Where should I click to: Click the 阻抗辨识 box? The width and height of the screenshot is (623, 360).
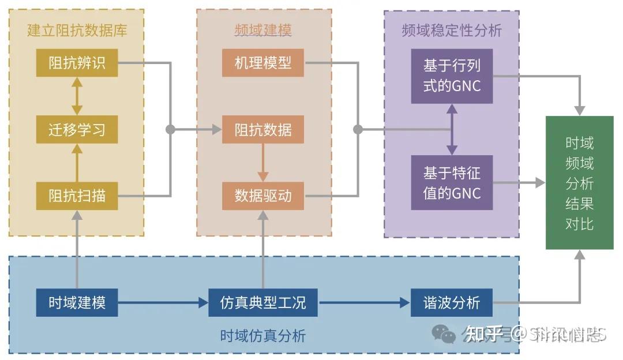77,63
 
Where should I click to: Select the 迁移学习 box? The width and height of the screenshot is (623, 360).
77,129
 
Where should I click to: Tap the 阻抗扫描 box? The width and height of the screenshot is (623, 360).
77,196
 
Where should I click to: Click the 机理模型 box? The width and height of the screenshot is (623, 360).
263,63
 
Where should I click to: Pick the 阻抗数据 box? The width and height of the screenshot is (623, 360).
263,129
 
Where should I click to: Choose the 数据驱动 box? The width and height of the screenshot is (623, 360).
263,196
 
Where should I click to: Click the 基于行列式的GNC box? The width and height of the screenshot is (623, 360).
452,76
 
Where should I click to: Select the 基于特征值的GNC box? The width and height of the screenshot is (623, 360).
452,182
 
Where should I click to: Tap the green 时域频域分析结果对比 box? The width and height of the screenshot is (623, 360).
579,183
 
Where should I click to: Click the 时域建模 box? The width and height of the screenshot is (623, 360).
77,302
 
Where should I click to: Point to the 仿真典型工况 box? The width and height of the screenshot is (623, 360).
263,302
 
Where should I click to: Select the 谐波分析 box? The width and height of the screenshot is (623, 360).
452,302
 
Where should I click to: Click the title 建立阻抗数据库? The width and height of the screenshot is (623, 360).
77,30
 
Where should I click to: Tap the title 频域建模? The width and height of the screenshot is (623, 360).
263,30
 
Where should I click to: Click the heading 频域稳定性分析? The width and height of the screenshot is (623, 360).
452,30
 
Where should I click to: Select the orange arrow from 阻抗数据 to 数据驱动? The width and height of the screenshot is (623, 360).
263,163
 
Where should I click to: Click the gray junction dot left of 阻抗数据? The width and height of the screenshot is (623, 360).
170,129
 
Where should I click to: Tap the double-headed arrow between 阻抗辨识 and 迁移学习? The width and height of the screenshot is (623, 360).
77,96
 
